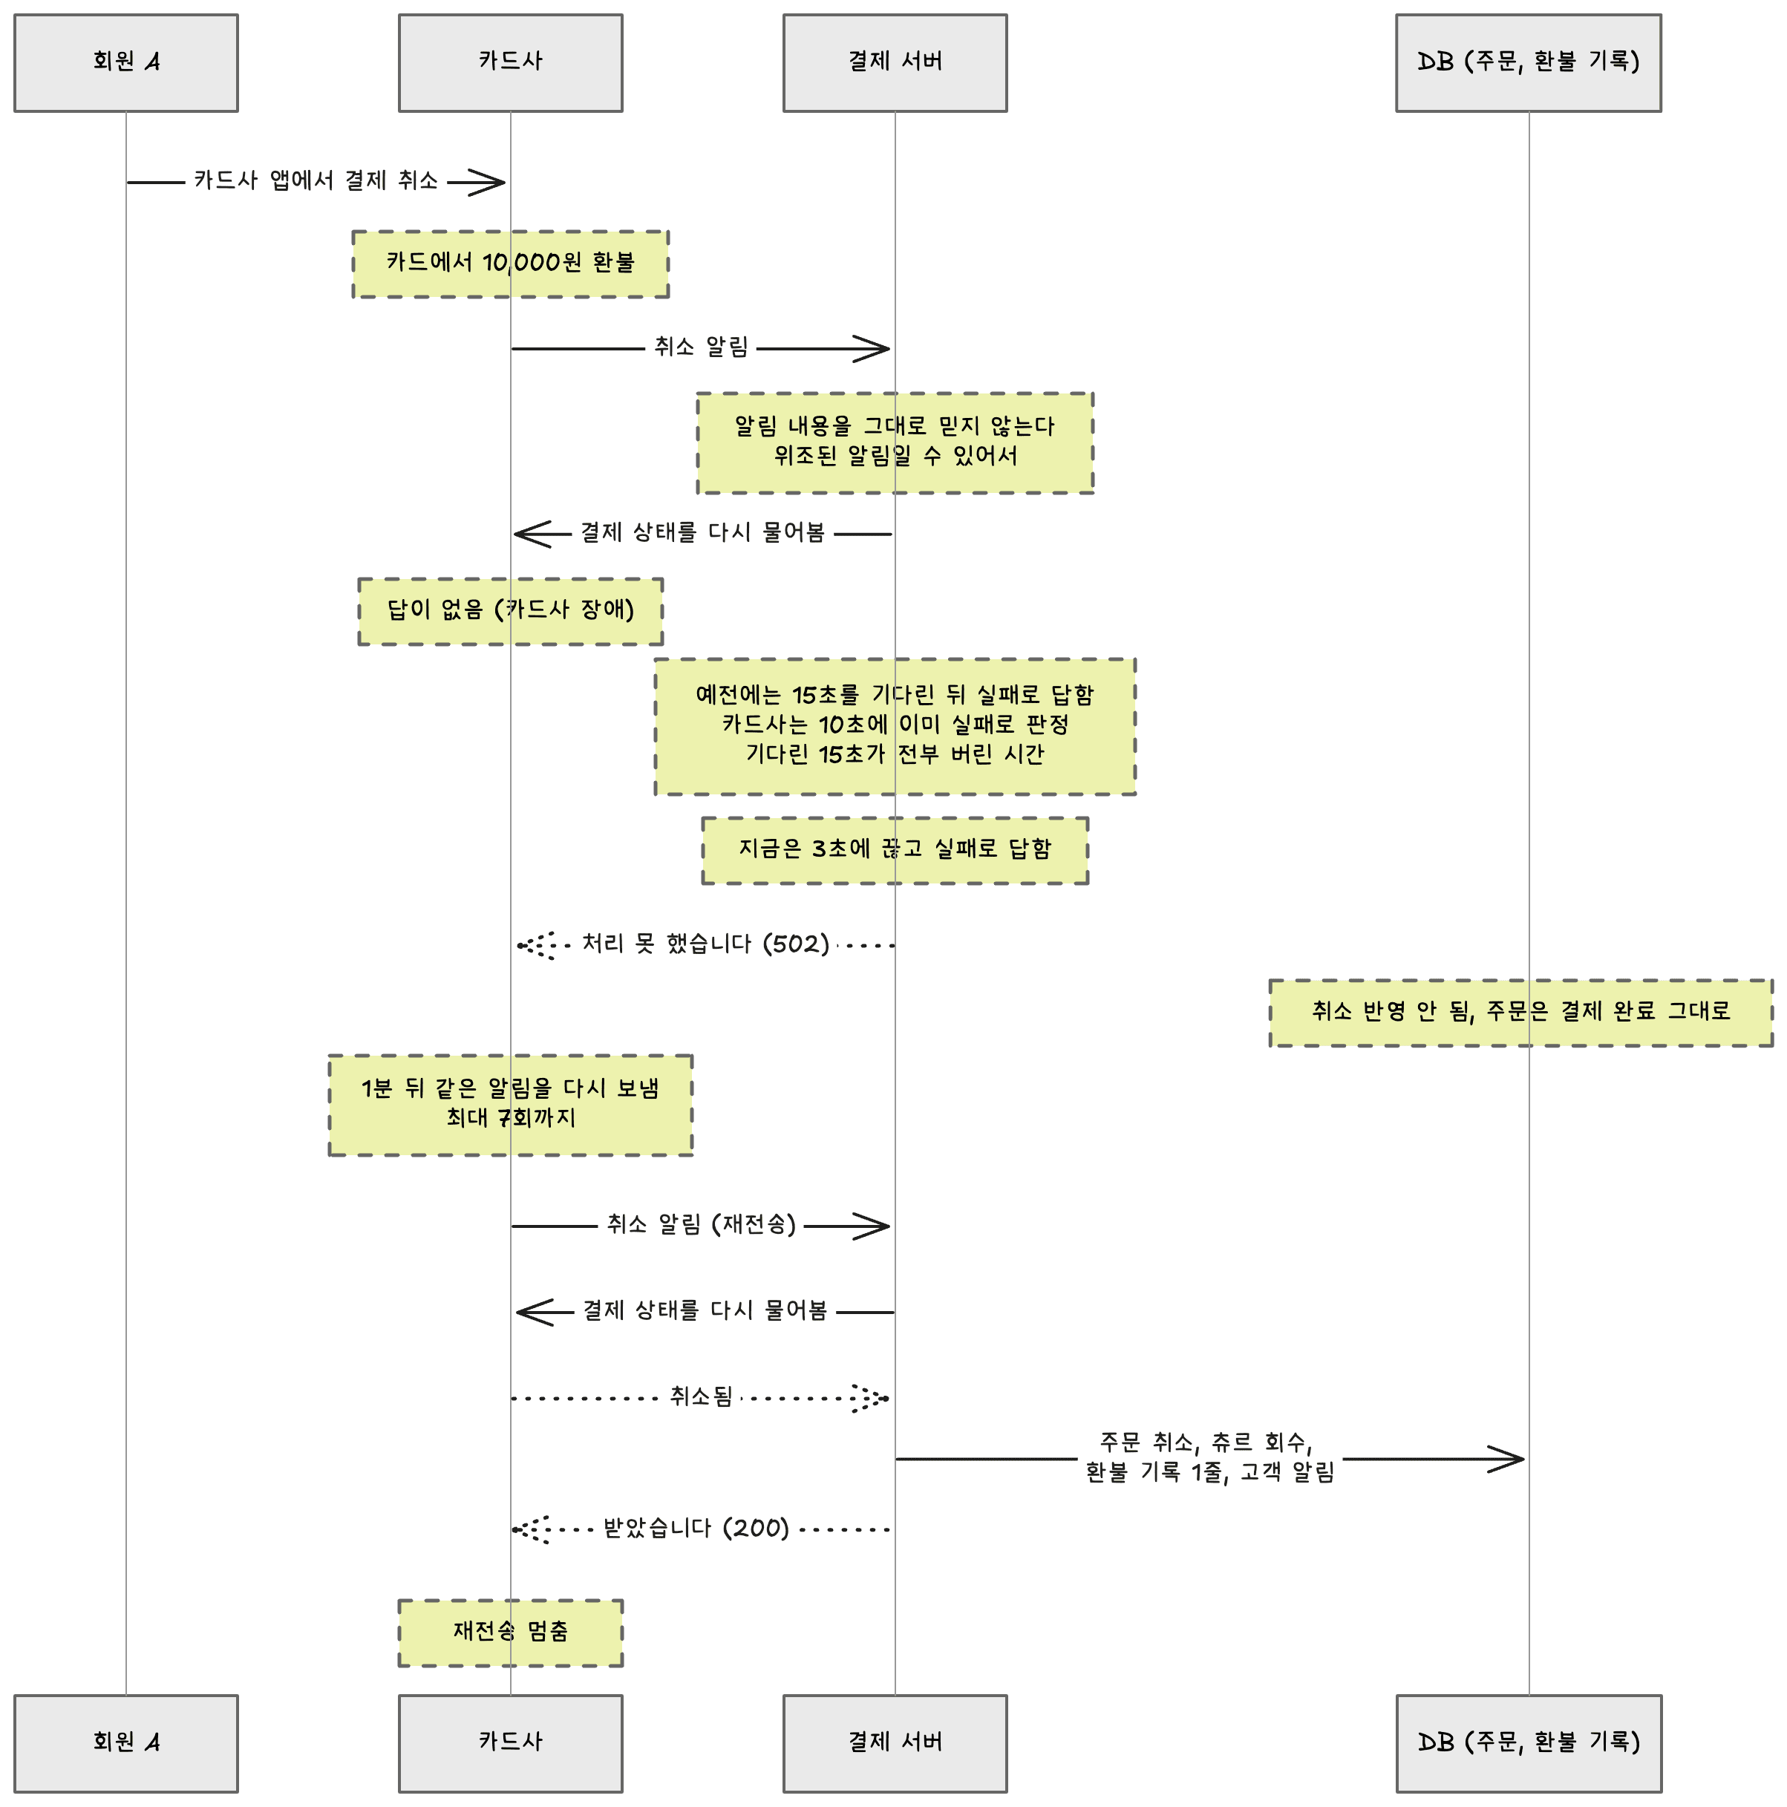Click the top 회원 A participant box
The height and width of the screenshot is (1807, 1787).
click(x=125, y=62)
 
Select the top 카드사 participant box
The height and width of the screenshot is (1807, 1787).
click(x=511, y=62)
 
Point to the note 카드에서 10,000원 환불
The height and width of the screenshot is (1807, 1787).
click(x=511, y=264)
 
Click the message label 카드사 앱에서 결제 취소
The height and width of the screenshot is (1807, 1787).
click(x=316, y=180)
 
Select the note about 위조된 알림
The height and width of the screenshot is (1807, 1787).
click(x=895, y=442)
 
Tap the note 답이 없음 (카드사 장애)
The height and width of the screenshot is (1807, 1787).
click(x=511, y=611)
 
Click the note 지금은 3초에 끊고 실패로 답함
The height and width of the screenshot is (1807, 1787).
click(x=895, y=850)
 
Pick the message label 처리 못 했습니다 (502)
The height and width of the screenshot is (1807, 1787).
click(x=706, y=944)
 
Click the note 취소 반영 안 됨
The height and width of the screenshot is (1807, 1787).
click(x=1520, y=1012)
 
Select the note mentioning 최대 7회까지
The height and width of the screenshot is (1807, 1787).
click(x=511, y=1105)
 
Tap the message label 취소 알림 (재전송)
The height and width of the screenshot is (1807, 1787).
click(x=702, y=1224)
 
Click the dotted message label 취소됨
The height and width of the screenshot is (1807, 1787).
click(x=702, y=1397)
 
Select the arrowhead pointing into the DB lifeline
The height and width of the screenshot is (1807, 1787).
click(x=1507, y=1458)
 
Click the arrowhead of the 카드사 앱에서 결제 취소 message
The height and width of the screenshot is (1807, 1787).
click(x=486, y=183)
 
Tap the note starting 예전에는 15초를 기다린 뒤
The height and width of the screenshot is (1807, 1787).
click(x=895, y=727)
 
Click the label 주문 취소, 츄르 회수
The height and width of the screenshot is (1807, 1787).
click(x=1206, y=1442)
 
